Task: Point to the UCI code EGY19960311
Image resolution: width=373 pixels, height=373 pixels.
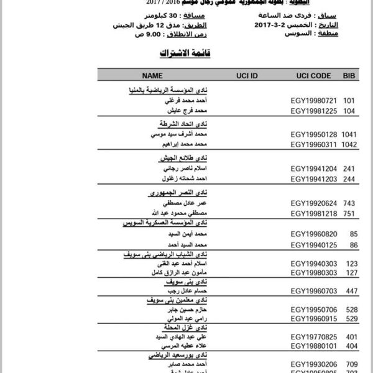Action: click(x=313, y=144)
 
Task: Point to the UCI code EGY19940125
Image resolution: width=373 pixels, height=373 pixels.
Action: click(x=313, y=246)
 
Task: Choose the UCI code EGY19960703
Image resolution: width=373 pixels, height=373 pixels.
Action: click(x=313, y=290)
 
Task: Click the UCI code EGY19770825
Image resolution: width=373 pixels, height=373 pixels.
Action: click(x=313, y=336)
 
